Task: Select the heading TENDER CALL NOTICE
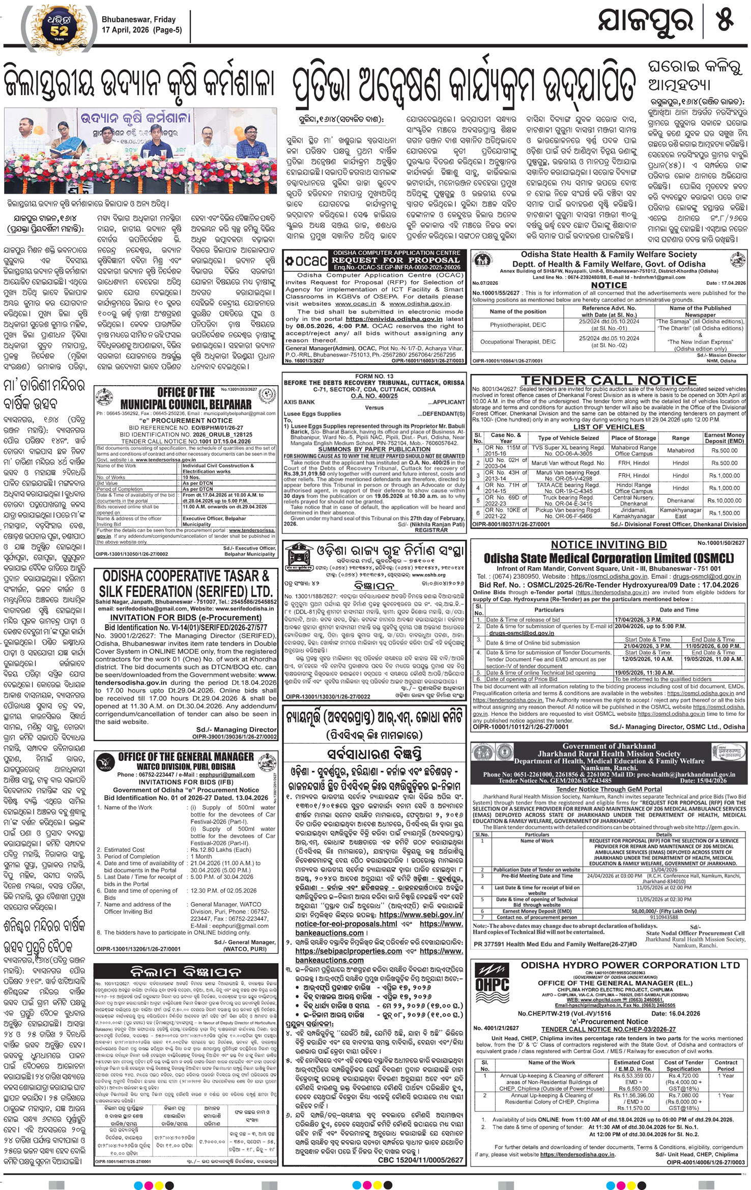click(x=609, y=380)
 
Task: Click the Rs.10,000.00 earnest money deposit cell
click(x=724, y=500)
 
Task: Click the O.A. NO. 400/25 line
click(x=374, y=395)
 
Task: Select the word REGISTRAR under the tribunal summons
click(x=431, y=530)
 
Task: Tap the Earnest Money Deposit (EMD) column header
click(x=724, y=438)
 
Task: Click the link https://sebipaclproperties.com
click(x=349, y=951)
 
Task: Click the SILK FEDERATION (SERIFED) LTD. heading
click(x=186, y=592)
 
